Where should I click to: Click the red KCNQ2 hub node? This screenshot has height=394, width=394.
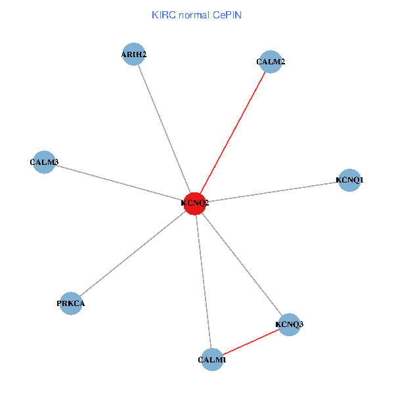click(x=195, y=204)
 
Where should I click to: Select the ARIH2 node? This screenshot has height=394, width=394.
click(x=133, y=55)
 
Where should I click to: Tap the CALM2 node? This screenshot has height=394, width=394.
click(x=271, y=62)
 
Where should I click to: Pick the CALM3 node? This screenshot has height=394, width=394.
click(x=44, y=162)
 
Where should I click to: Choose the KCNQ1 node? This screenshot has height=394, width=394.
click(x=349, y=180)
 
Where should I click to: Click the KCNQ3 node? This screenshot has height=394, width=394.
click(x=289, y=324)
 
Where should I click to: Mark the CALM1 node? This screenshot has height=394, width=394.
click(x=212, y=360)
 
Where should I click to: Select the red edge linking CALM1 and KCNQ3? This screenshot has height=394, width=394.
click(x=251, y=342)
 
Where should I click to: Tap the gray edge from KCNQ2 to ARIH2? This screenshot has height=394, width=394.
click(x=164, y=129)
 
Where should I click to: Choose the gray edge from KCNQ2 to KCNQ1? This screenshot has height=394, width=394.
click(x=273, y=192)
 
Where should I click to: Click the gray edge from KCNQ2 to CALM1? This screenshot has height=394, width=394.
click(x=204, y=282)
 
